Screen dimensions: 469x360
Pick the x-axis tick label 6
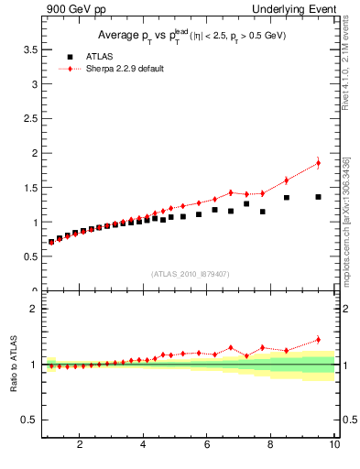207,444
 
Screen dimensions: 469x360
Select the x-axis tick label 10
334,444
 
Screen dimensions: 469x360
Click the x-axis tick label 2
80,444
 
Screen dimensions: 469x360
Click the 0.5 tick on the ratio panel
29,420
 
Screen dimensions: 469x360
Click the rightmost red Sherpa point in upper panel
318,163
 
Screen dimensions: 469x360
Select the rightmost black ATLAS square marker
318,197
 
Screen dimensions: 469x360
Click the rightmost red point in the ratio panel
318,340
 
